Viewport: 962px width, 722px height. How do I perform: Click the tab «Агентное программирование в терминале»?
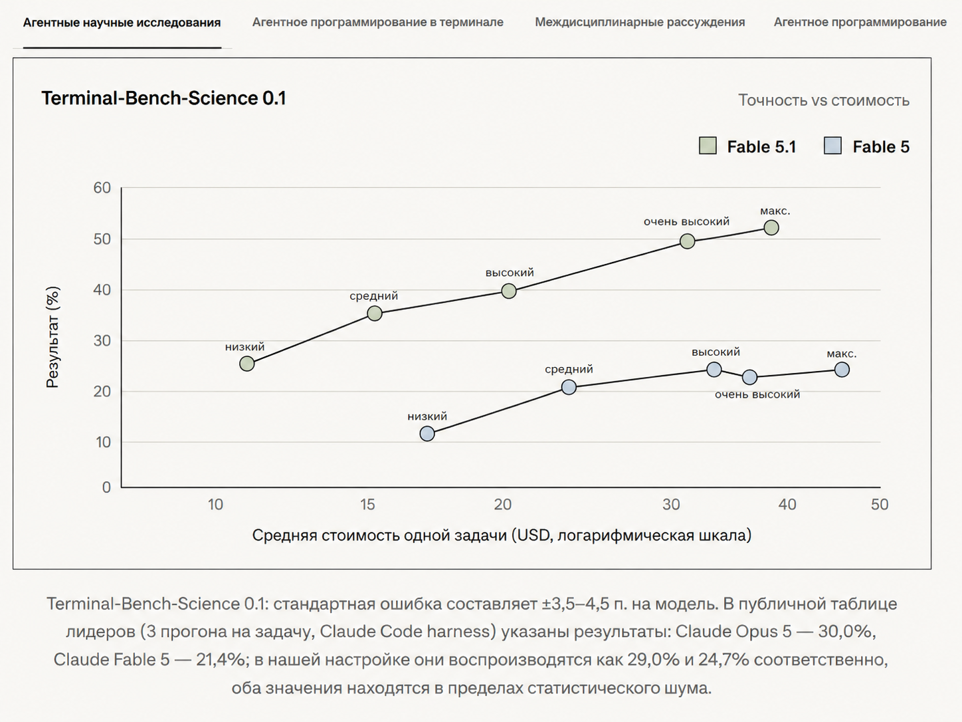point(377,22)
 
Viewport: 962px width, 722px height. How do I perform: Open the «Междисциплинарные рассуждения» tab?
point(639,22)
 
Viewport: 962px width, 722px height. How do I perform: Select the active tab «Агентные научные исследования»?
point(122,23)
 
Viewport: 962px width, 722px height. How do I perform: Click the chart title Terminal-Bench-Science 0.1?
point(163,98)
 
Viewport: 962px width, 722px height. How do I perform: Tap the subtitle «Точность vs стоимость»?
point(824,100)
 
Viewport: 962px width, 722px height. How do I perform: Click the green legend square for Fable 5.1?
point(708,146)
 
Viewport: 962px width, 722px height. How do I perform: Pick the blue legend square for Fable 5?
point(832,146)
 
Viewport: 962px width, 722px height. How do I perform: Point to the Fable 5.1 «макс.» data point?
point(771,227)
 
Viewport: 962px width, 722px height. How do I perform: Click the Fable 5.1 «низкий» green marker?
point(246,364)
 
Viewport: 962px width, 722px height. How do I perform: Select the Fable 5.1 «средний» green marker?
point(374,313)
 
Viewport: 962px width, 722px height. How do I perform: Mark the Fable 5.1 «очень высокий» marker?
point(687,241)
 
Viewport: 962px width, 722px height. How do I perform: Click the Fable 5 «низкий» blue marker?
point(427,433)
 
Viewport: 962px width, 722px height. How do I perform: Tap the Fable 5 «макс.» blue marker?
point(842,370)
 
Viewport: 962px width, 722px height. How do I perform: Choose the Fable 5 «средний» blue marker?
point(569,387)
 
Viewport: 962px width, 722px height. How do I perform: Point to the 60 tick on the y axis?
point(102,187)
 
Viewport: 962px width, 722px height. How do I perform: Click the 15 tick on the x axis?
point(367,505)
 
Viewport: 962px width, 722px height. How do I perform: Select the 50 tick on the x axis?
point(879,505)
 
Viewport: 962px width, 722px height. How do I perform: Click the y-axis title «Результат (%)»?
point(52,337)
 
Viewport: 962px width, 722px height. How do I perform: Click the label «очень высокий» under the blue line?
point(757,394)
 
